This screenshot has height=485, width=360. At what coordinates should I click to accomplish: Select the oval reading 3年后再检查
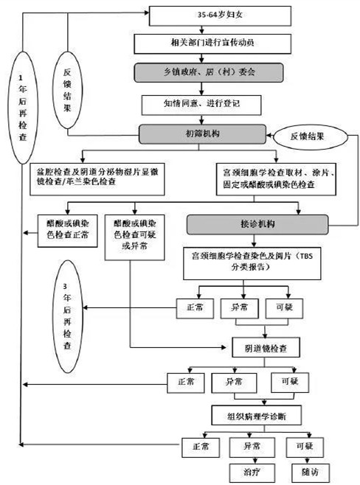point(68,307)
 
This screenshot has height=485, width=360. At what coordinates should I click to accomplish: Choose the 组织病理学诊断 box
point(255,416)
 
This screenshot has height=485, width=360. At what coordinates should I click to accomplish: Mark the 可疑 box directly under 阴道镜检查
point(290,383)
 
